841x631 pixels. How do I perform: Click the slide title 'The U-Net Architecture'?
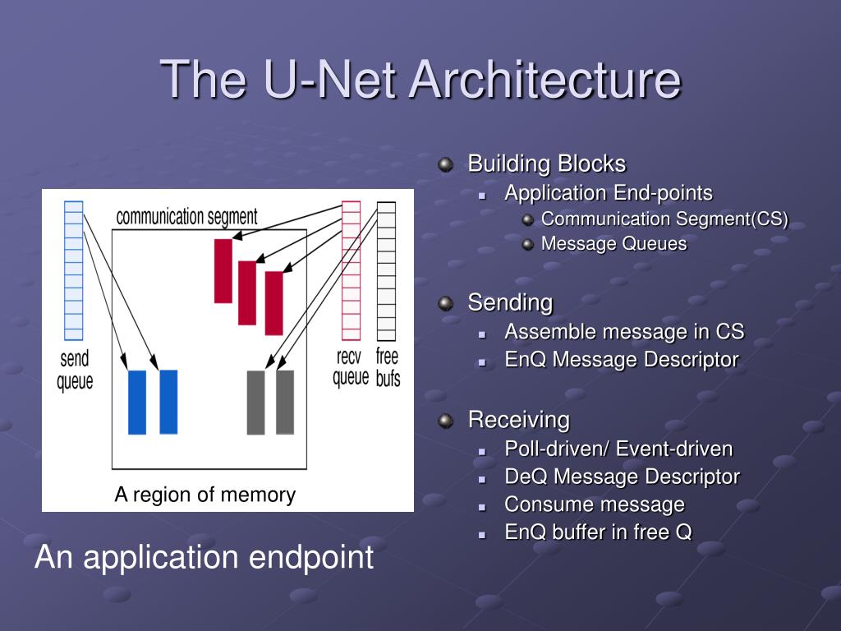pos(420,80)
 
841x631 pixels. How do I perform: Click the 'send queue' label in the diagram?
pos(75,371)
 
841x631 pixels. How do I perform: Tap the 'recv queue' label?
pos(351,367)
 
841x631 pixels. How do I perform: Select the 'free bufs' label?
pos(388,367)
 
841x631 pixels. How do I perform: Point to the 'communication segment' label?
pos(186,217)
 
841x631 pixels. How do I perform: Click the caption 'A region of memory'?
pos(205,495)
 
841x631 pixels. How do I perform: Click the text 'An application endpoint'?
pos(204,557)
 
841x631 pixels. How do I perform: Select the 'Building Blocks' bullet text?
pos(546,164)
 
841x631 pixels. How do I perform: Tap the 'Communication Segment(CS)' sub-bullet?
pos(664,219)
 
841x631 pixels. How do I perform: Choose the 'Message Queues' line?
pos(614,244)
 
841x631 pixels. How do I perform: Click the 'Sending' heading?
pos(510,302)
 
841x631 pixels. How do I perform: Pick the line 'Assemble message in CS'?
pos(624,332)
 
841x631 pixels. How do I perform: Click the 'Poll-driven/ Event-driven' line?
pos(618,449)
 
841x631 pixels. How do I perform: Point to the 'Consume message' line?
pos(595,504)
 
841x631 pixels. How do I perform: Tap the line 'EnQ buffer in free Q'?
pos(598,532)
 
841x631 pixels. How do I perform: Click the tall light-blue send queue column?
pos(74,270)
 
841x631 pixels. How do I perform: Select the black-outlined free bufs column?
pos(386,271)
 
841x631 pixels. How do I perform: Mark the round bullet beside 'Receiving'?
pos(446,421)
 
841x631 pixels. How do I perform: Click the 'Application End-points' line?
pos(609,193)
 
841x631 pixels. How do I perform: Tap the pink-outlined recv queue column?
pos(351,271)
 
